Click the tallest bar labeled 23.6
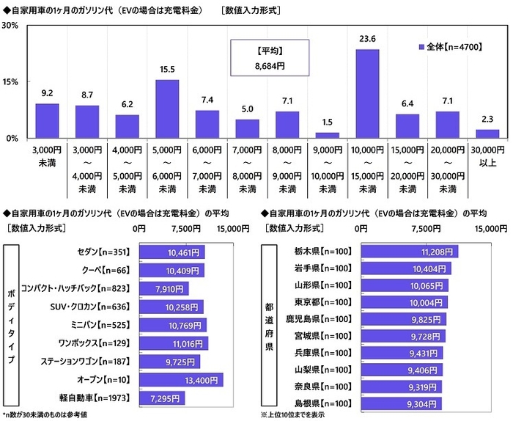[367, 93]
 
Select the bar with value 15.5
[167, 109]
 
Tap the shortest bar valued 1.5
[327, 135]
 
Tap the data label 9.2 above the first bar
[47, 93]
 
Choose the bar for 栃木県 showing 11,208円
[409, 252]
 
